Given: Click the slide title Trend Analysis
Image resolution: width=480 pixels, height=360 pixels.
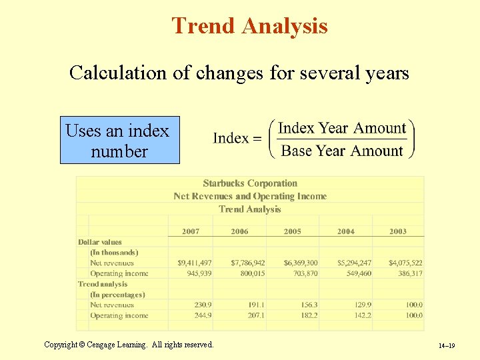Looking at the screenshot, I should point(249,26).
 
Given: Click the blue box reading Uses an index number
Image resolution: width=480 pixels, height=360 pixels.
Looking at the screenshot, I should point(120,141).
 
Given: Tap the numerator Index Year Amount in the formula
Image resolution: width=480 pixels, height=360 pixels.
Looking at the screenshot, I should point(342,128).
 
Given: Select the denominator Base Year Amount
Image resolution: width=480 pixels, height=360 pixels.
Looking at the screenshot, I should point(342,151).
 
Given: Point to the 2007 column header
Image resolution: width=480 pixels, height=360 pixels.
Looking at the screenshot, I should point(191,231).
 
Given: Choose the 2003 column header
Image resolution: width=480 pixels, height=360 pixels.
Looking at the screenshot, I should point(398,231).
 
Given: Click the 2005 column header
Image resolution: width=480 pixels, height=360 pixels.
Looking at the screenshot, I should point(292,231).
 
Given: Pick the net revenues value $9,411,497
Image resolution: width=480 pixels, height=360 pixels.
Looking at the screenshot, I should point(195,263).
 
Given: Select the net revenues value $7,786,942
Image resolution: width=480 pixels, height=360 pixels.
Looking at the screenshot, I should point(248,263).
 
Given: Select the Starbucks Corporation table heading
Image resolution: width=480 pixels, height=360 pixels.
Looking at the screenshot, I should point(250,183).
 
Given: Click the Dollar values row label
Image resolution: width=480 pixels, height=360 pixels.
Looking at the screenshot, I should point(100,242).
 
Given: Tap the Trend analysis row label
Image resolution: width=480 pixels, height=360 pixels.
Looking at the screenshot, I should point(103,284).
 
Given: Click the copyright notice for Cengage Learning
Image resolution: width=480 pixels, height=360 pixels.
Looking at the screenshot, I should point(129,345).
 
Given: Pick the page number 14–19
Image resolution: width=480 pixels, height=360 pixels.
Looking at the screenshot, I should point(447,346).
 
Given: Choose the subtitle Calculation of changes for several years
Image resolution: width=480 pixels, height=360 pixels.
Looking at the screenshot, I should point(239,73).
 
